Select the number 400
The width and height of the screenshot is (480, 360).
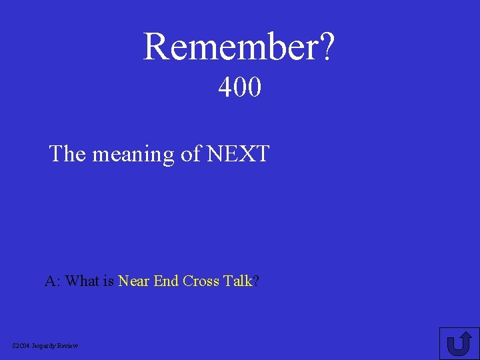coord(240,87)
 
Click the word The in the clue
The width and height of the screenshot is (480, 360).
coord(68,154)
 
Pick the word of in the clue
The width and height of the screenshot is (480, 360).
coord(191,154)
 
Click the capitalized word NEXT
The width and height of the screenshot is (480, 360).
coord(238,154)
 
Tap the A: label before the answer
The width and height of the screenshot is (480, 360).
coord(53,281)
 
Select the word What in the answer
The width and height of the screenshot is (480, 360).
coord(83,281)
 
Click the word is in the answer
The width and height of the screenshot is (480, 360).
coord(109,281)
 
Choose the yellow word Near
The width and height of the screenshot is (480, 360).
coord(134,281)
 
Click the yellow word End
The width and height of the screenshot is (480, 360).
coord(166,281)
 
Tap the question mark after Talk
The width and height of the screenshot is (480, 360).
coord(256,281)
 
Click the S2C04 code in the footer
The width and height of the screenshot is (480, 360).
coord(21,345)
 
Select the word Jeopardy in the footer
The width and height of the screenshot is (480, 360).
coord(45,345)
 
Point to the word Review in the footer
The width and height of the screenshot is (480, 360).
coord(69,345)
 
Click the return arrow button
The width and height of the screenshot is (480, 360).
coord(459,343)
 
